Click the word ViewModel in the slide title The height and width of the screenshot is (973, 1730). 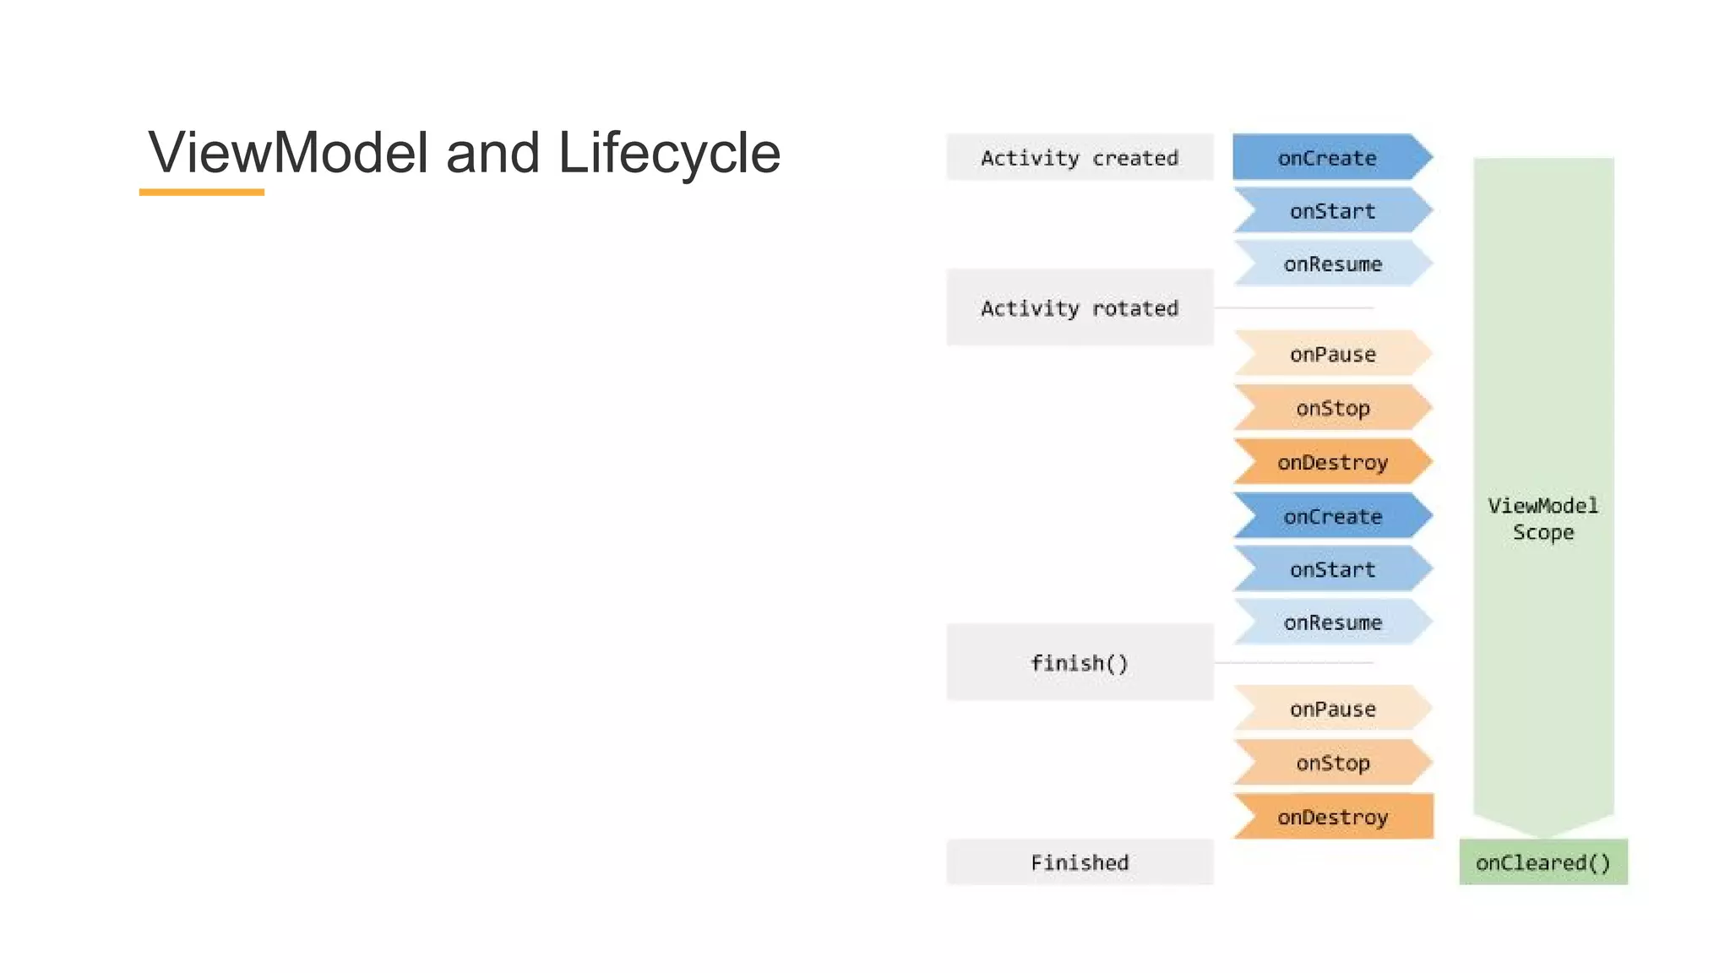288,153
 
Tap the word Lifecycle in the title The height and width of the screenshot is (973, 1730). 669,153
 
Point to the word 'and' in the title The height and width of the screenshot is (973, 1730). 492,153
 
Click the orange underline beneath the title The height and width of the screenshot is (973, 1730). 201,193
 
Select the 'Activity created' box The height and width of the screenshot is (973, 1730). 1079,158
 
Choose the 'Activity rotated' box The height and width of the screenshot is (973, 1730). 1079,308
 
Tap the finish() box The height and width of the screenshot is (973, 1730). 1079,663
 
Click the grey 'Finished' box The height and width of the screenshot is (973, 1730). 1079,862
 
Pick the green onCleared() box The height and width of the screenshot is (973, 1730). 1542,862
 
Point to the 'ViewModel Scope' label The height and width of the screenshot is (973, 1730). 1542,519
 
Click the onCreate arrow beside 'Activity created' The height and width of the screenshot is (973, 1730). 1328,158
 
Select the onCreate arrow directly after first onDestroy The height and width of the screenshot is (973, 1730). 1332,516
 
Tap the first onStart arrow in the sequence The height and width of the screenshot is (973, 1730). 1332,211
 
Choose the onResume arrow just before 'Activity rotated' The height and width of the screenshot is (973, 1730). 1332,264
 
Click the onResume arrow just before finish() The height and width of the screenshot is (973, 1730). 1332,622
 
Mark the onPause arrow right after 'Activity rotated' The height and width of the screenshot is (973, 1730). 1332,354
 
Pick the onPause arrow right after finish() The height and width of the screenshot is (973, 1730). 1332,709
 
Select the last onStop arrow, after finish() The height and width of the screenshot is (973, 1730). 1332,763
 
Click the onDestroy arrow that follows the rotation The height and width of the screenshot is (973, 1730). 1332,462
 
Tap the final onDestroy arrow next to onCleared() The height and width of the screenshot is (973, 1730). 1332,817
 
